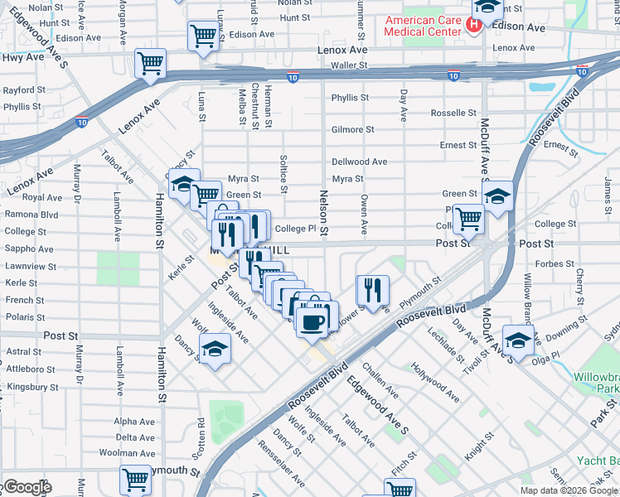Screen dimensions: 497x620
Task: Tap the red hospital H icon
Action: tap(473, 26)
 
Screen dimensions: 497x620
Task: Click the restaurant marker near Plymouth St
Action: tap(373, 290)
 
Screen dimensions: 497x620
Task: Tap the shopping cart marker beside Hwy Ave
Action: tap(150, 63)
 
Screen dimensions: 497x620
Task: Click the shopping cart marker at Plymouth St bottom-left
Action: tap(135, 480)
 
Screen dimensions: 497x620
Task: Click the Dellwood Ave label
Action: tap(359, 162)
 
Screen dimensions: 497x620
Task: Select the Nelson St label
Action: tap(324, 212)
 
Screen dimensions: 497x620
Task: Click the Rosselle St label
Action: tap(448, 113)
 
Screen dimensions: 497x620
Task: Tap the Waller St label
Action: tap(348, 65)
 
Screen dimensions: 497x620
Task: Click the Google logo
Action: tap(27, 487)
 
